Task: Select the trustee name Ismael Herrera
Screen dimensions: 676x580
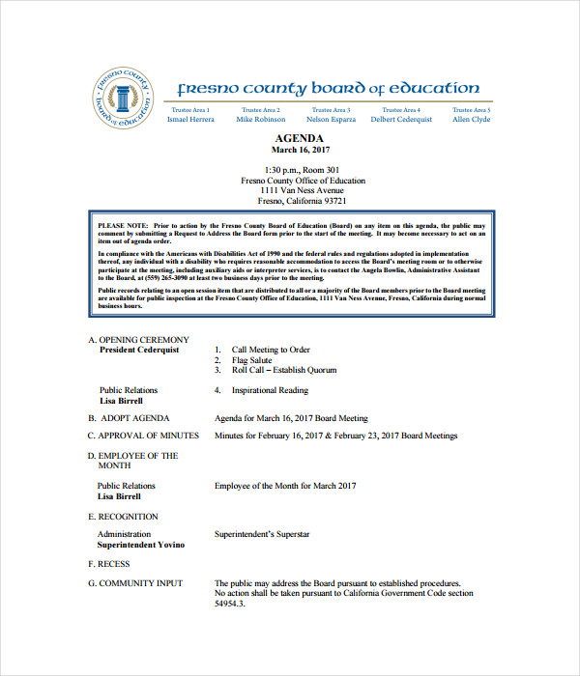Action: tap(189, 120)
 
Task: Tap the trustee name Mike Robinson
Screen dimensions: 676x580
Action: tap(261, 120)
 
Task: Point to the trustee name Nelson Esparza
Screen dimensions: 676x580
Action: tap(331, 120)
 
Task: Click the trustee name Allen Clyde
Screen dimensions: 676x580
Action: tap(472, 120)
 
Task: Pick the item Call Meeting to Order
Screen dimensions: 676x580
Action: tap(271, 350)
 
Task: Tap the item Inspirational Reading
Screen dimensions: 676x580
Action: tap(270, 390)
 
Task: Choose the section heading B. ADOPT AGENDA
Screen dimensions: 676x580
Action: tap(129, 418)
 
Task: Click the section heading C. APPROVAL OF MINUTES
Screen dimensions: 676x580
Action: tap(143, 436)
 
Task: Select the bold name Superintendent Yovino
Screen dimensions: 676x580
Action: tap(140, 545)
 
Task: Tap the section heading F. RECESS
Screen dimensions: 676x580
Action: tap(109, 563)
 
